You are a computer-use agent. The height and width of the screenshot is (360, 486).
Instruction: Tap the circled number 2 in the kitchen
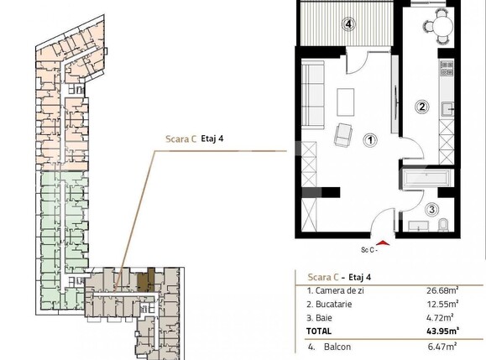tap(423, 107)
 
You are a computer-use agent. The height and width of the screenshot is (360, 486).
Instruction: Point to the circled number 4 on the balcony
tap(348, 23)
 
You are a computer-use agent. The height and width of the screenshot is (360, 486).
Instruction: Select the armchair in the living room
tap(344, 133)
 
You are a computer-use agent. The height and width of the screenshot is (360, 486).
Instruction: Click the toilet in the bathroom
tap(443, 223)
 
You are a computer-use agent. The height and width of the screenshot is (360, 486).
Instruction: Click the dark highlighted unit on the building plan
tap(149, 279)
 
